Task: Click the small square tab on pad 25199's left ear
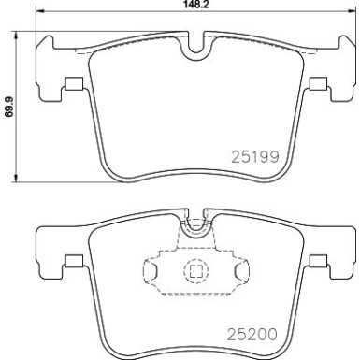(x=71, y=85)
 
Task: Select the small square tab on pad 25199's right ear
(x=318, y=85)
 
